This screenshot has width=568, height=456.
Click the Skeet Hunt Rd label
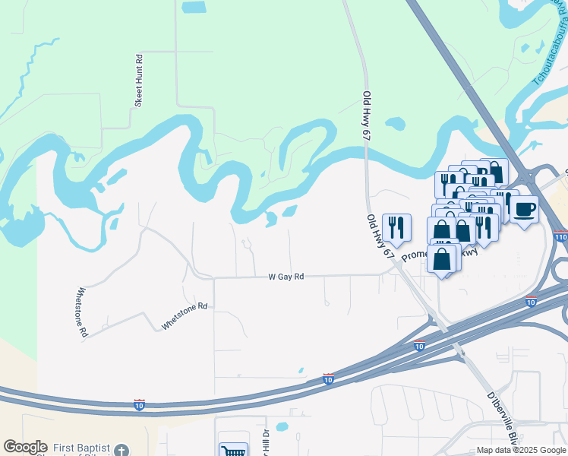click(139, 80)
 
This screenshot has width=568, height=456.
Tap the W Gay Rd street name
click(286, 277)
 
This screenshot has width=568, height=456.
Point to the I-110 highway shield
click(560, 237)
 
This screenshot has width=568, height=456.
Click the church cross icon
click(121, 451)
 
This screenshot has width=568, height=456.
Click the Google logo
click(25, 447)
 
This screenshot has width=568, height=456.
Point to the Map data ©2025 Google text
click(522, 450)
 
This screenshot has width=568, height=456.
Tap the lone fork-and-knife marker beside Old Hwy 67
click(396, 226)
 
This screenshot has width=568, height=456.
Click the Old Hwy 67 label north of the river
click(368, 114)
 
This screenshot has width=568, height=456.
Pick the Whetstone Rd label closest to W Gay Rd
click(184, 316)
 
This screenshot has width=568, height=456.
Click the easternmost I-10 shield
click(532, 302)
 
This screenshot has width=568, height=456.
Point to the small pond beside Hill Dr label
click(282, 426)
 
